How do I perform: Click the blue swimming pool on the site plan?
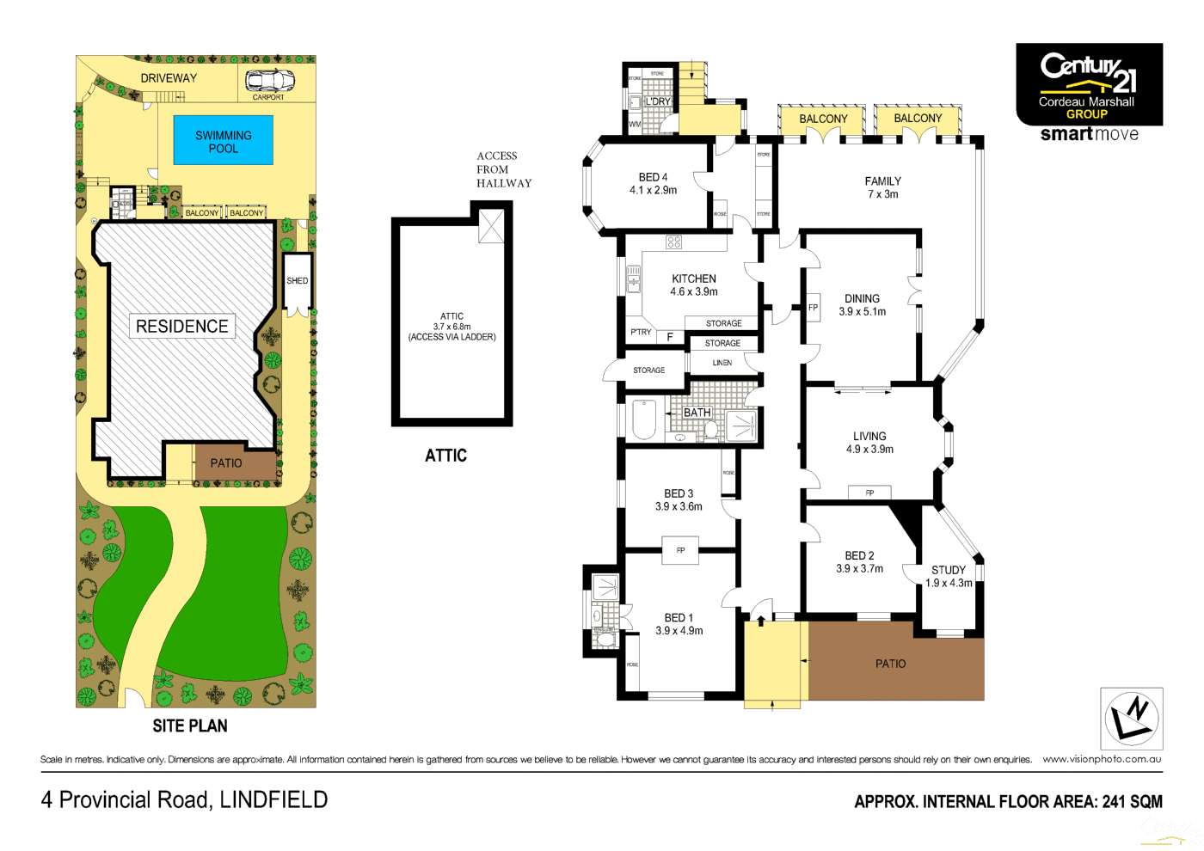click(x=224, y=141)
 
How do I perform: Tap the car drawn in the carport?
click(x=269, y=81)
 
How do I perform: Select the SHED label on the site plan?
click(x=298, y=281)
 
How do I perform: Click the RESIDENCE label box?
click(x=182, y=327)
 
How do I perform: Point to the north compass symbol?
click(x=1132, y=719)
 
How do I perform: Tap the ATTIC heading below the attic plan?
click(x=445, y=456)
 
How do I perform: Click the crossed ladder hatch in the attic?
click(x=491, y=226)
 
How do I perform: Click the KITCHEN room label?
click(x=694, y=279)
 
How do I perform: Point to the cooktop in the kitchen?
click(x=673, y=242)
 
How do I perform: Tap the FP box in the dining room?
click(x=813, y=308)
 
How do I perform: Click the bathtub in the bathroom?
click(x=644, y=419)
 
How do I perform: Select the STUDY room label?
click(x=949, y=570)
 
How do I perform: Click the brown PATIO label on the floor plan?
click(x=890, y=664)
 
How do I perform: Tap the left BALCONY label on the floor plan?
click(x=823, y=119)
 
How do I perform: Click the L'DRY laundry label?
click(x=658, y=101)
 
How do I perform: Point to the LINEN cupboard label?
click(x=722, y=363)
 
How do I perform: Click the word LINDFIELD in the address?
click(x=273, y=800)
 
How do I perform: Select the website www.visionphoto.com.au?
click(x=1102, y=759)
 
